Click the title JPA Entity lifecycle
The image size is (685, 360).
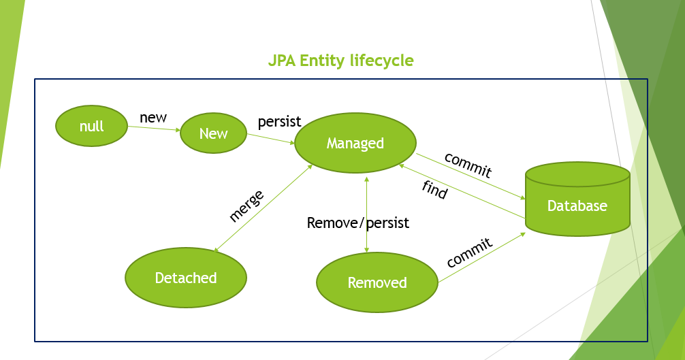tap(340, 61)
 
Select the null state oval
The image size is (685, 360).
tap(91, 127)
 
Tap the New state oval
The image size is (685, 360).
tap(213, 133)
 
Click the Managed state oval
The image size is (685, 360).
tap(355, 143)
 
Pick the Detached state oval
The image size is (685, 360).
tap(186, 278)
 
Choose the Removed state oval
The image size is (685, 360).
tap(377, 282)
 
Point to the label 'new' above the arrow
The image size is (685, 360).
tap(153, 117)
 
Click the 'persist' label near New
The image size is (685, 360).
tap(279, 122)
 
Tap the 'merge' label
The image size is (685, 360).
tap(246, 206)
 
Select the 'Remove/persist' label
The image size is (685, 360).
tap(358, 223)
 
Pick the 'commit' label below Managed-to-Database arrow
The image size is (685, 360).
tap(468, 165)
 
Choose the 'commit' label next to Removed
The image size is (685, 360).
tap(469, 252)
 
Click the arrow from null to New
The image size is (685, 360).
tap(154, 128)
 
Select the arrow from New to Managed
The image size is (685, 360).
tap(270, 139)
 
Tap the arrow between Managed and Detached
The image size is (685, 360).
tap(262, 210)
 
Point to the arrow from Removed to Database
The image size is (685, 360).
tap(481, 257)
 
